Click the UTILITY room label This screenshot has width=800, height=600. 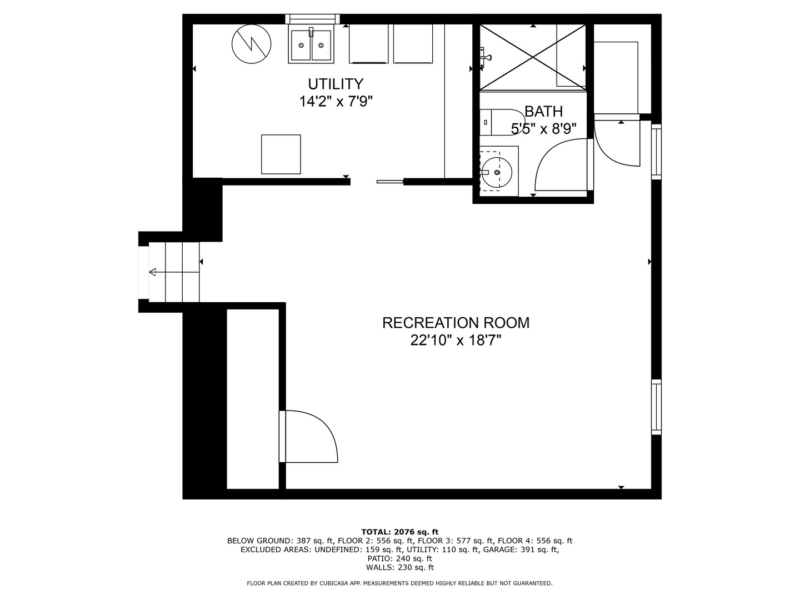(336, 84)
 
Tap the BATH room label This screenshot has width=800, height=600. (543, 111)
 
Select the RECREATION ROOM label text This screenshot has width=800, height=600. (456, 323)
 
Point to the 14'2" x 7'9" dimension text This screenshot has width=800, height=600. (336, 102)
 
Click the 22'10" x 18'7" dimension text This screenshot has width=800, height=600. (456, 340)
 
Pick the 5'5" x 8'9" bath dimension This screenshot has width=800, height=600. (543, 128)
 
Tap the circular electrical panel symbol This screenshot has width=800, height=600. (251, 44)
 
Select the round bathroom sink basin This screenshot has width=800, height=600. (497, 172)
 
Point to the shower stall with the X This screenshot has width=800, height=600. (532, 57)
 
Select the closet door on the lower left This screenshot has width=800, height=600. (308, 436)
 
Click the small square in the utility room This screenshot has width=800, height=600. (281, 154)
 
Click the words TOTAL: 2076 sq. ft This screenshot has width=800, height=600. (400, 532)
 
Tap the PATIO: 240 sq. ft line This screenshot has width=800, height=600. (400, 558)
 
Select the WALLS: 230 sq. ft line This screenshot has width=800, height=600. (400, 567)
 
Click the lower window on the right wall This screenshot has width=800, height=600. (656, 407)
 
